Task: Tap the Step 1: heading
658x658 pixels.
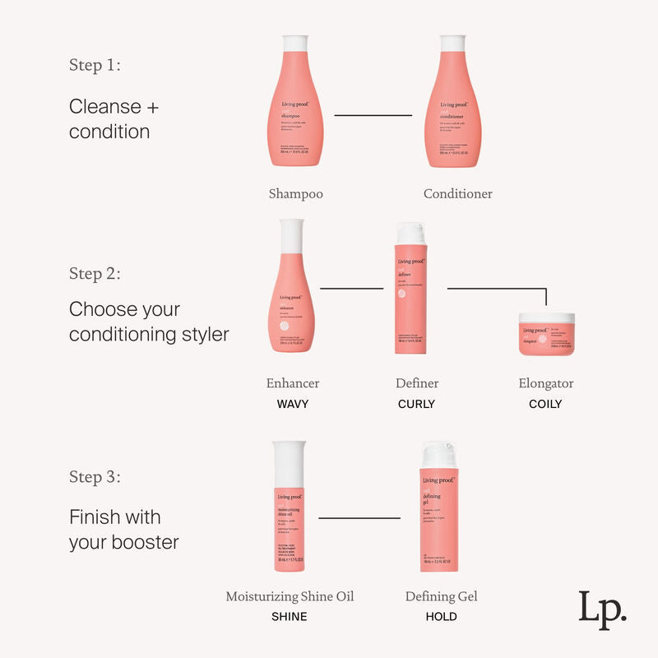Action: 95,66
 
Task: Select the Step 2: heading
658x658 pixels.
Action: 95,274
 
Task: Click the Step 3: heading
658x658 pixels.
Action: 95,477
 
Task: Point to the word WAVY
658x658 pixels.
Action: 293,404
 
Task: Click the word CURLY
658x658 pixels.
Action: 416,404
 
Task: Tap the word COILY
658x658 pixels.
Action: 545,404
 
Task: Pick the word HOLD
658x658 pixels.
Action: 441,616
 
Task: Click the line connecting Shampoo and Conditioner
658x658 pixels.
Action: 373,115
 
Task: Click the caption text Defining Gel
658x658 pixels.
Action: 441,596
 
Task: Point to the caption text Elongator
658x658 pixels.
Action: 546,383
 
